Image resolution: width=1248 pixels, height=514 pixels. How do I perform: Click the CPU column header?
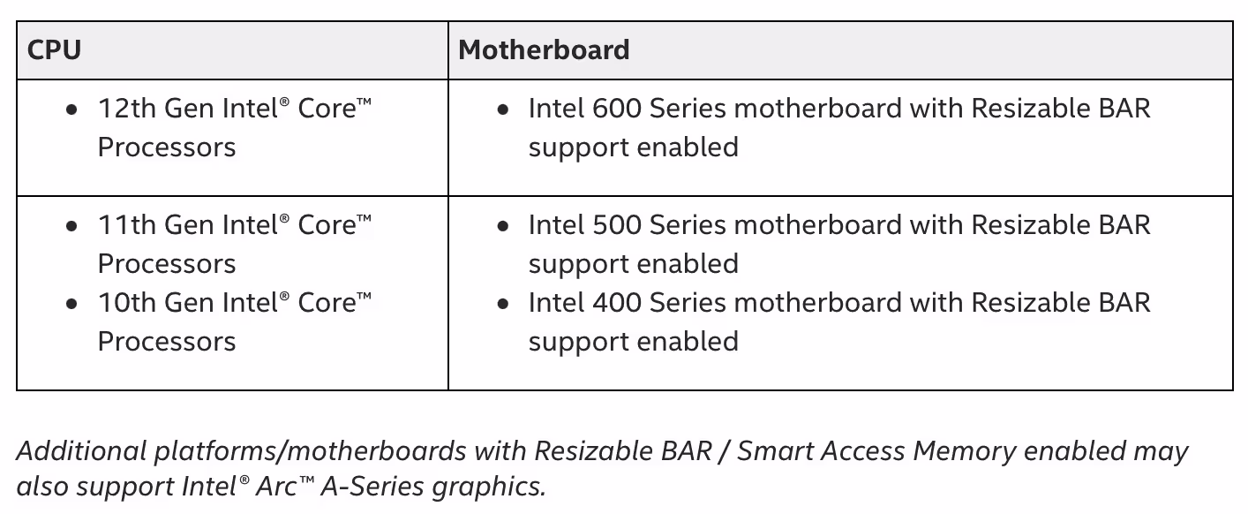click(x=54, y=50)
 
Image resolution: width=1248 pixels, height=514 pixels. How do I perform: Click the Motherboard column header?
click(x=544, y=50)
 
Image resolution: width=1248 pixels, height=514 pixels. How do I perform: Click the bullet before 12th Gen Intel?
click(x=71, y=110)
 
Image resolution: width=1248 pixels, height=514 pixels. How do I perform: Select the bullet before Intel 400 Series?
click(x=502, y=305)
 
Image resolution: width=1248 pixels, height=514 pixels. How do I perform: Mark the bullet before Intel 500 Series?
click(x=502, y=226)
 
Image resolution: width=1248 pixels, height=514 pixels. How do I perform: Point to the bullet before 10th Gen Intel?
click(x=71, y=305)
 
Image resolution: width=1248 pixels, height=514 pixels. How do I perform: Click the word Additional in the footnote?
click(x=81, y=451)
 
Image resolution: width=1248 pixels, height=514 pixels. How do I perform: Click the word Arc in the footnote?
click(x=275, y=487)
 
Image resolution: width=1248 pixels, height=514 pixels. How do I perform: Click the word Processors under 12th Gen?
click(x=167, y=147)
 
